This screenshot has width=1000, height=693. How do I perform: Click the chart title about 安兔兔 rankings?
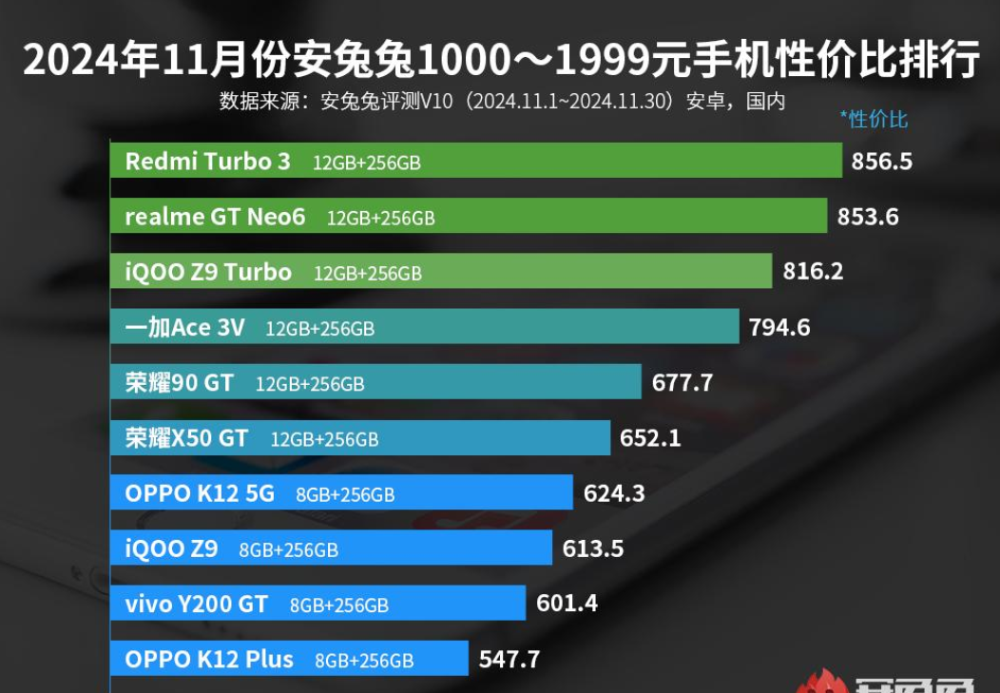coord(500,61)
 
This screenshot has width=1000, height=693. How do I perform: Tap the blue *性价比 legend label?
coord(874,119)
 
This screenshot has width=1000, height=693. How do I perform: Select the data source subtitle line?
coord(502,101)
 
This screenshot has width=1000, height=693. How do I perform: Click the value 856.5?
coord(881,161)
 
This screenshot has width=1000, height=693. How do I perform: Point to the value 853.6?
coord(868,217)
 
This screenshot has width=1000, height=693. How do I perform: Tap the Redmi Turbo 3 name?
coord(207,161)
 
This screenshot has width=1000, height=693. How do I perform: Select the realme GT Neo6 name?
coord(215,217)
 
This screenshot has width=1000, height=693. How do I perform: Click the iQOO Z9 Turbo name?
coord(208,272)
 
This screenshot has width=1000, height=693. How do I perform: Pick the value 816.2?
coord(813,272)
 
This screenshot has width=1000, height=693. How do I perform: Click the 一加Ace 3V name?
coord(184,328)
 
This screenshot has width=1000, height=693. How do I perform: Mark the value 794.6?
coord(779,328)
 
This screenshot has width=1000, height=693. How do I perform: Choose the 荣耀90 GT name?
coord(179,383)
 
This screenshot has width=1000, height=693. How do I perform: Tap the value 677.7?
coord(683,383)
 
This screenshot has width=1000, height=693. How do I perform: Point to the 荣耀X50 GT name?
coord(186,438)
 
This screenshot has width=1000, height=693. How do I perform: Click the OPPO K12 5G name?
coord(200,493)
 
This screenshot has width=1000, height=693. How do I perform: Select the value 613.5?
coord(594,549)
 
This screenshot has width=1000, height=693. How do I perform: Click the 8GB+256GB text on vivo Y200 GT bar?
coord(339,605)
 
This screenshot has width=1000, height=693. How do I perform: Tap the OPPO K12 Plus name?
coord(209,659)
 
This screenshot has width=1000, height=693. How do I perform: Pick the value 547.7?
coord(510,659)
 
